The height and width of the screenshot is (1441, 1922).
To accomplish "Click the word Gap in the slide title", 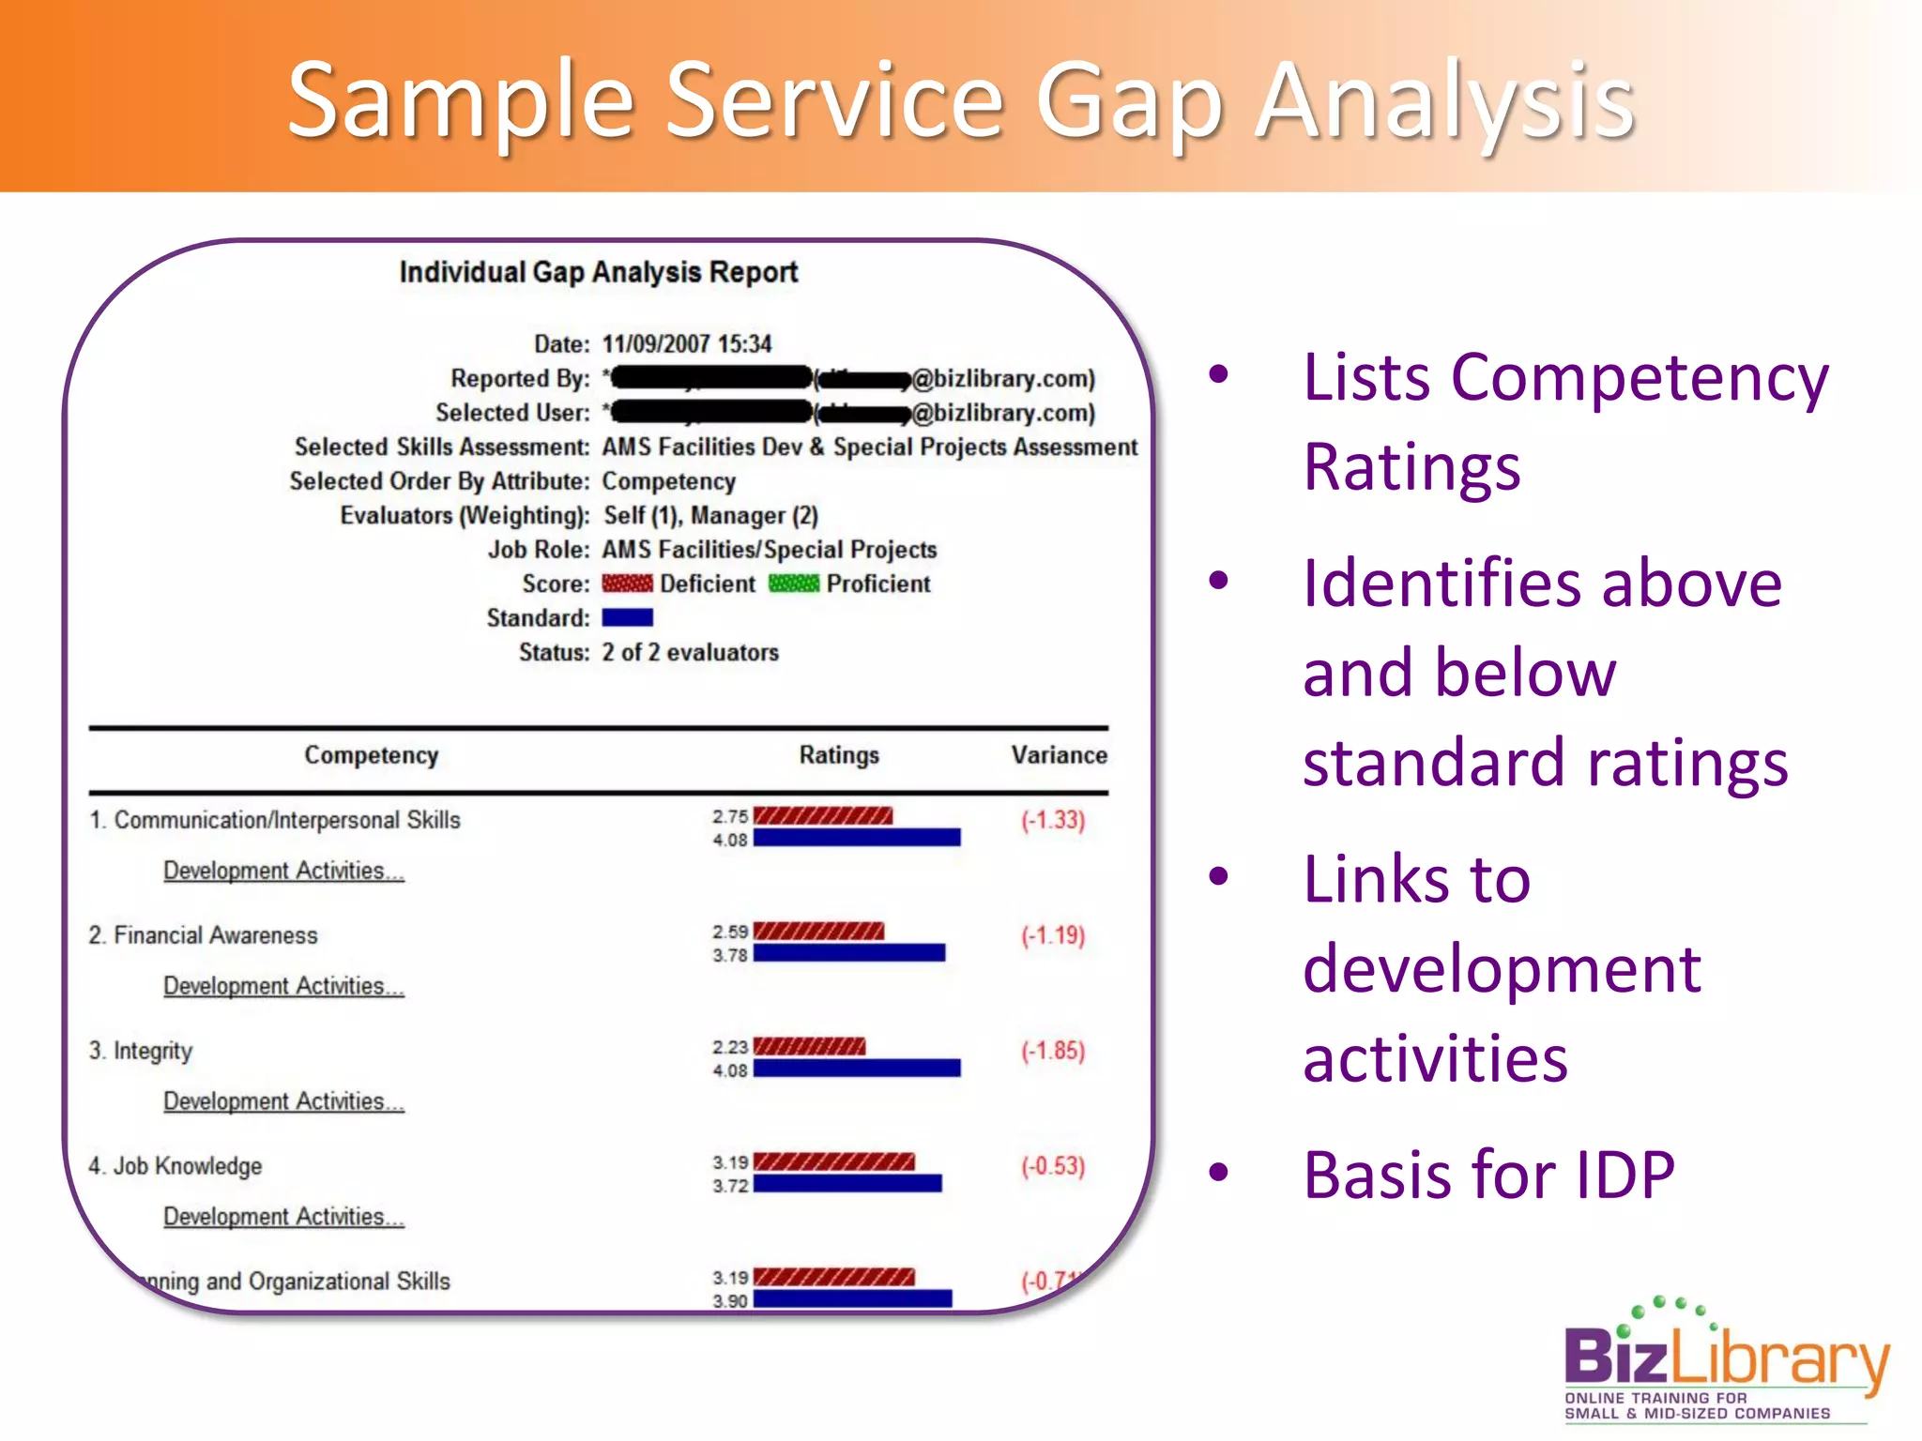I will [1130, 101].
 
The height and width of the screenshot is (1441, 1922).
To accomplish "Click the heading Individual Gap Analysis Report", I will [598, 272].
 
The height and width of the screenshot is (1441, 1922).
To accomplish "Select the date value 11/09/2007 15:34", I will [686, 344].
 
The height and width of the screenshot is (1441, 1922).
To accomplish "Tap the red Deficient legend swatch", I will [627, 584].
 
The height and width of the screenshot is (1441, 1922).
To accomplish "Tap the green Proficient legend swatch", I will [794, 584].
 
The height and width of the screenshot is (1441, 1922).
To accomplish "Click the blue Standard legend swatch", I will [627, 617].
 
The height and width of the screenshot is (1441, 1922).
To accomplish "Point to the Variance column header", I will [1059, 755].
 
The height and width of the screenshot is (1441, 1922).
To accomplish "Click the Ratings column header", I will [839, 755].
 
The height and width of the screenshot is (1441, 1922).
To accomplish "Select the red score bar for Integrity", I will [809, 1046].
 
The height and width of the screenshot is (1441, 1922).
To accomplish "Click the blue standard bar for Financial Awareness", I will [848, 953].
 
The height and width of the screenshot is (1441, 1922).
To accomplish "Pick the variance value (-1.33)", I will [1053, 820].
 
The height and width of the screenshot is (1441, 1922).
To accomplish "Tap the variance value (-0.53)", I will [1053, 1166].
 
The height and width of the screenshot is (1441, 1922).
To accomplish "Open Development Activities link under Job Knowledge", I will [283, 1217].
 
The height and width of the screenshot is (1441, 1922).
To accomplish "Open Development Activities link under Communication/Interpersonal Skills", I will [283, 871].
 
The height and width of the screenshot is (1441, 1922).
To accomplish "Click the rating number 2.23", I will [729, 1047].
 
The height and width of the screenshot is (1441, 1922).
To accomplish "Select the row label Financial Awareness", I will [215, 935].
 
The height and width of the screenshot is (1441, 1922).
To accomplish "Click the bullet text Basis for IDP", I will [1488, 1175].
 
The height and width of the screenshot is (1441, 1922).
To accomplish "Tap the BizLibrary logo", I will [1725, 1360].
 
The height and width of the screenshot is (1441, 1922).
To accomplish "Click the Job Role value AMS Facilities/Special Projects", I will [770, 550].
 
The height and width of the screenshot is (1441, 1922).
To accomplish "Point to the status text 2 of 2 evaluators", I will [690, 652].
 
